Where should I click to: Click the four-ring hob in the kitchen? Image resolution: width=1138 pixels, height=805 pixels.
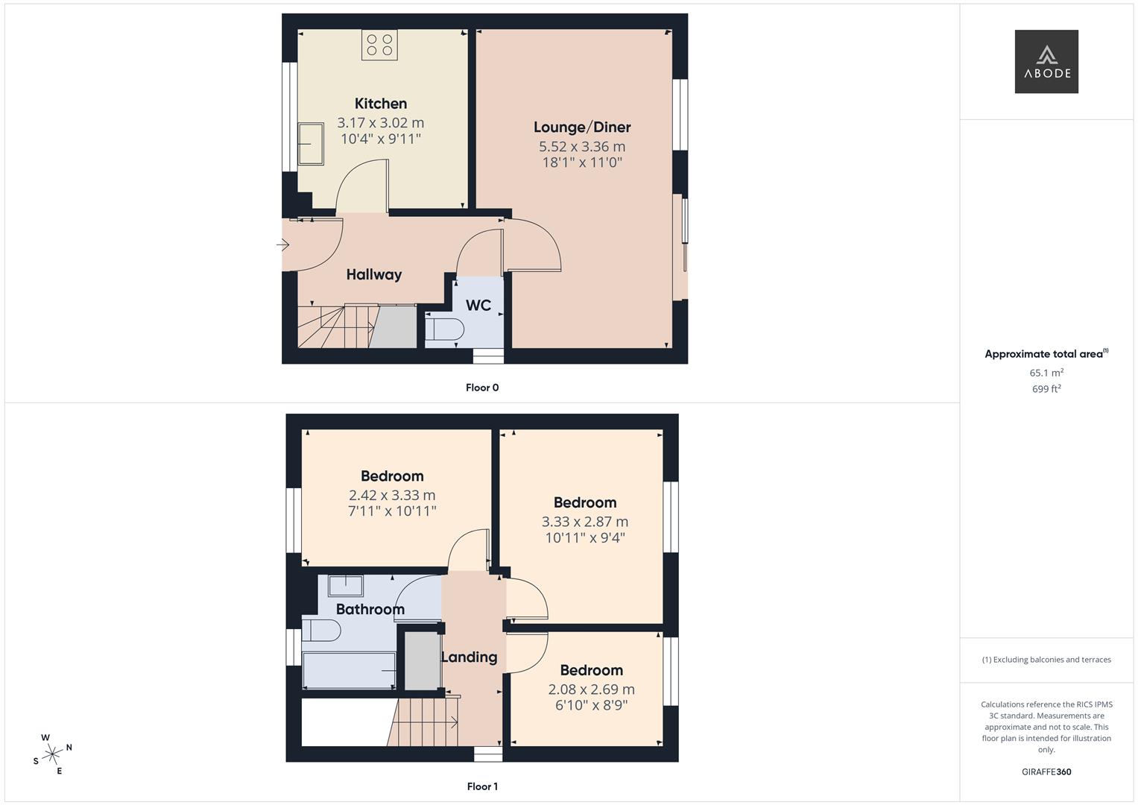(x=379, y=45)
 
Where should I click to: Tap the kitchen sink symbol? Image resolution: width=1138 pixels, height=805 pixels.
(x=310, y=144)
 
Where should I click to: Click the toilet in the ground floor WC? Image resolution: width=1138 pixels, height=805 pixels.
(x=445, y=329)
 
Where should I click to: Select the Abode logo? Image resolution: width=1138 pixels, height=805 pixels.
(x=1046, y=62)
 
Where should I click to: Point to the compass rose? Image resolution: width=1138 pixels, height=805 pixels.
(x=52, y=754)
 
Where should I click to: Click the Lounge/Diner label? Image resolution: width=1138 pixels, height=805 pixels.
(x=582, y=127)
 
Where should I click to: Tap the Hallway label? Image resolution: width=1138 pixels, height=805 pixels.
(x=374, y=275)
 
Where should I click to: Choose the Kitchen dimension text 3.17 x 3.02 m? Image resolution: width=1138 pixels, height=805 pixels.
(x=380, y=123)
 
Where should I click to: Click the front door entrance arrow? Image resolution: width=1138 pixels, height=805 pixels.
(x=283, y=244)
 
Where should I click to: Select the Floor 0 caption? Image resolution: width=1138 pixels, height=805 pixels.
(x=482, y=388)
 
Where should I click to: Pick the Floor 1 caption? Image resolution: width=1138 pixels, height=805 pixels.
(x=482, y=786)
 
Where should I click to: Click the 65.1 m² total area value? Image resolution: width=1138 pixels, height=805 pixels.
(x=1046, y=373)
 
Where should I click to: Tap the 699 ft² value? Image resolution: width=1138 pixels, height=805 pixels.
(x=1046, y=389)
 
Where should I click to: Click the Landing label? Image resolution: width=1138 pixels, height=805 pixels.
(x=470, y=657)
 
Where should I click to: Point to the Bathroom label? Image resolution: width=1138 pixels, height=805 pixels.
(x=370, y=610)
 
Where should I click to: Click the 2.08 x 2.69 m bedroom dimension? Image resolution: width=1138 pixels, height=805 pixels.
(x=591, y=689)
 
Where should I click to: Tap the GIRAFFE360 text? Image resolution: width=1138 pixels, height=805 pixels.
(x=1046, y=772)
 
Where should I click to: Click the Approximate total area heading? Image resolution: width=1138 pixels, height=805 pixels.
(x=1046, y=354)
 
